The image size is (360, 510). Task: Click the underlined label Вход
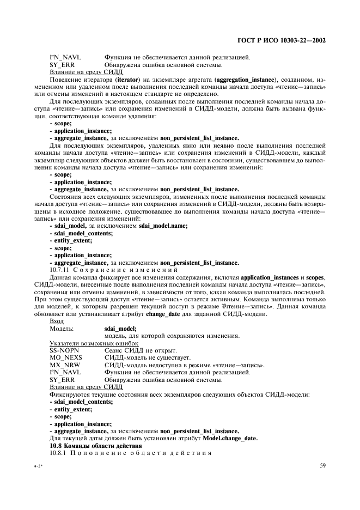[x=57, y=321]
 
